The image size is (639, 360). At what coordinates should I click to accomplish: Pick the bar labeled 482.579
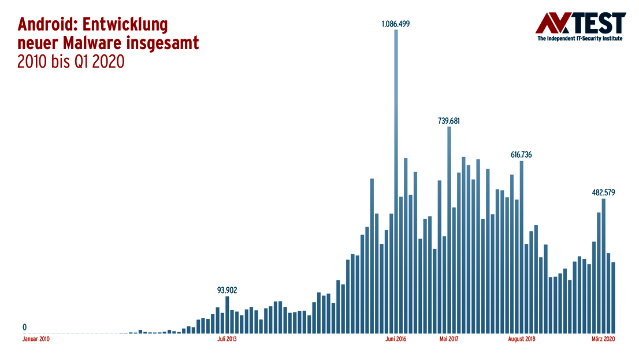coord(603,266)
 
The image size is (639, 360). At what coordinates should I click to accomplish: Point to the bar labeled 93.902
coord(227,315)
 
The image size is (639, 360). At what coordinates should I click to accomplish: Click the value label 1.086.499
coord(396,24)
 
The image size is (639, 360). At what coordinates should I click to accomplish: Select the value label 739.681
coord(449,121)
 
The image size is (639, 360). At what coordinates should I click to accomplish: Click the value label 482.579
coord(603,192)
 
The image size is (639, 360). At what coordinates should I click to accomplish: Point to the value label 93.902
coord(227,290)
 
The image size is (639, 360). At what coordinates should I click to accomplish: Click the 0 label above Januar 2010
coord(24,327)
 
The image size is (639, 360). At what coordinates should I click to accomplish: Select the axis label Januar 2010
coord(36,340)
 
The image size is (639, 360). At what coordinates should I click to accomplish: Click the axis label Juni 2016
coord(396,340)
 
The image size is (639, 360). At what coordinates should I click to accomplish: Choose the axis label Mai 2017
coord(449,340)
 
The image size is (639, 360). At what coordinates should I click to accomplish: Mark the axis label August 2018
coord(521,340)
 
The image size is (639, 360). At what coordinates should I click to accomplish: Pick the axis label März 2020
coord(603,340)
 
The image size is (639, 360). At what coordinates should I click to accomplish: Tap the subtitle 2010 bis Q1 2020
coord(71,61)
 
